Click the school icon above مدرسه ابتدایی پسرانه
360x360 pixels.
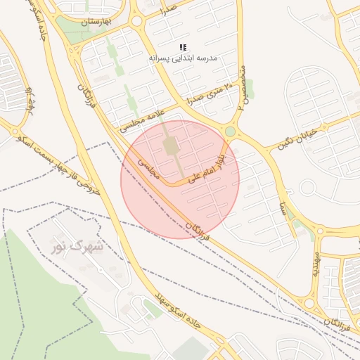[183, 47]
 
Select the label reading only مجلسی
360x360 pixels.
[148, 169]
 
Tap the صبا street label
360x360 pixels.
[282, 206]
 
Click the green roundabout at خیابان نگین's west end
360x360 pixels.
[230, 131]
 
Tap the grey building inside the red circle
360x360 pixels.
[171, 146]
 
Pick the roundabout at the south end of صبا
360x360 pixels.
[320, 230]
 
